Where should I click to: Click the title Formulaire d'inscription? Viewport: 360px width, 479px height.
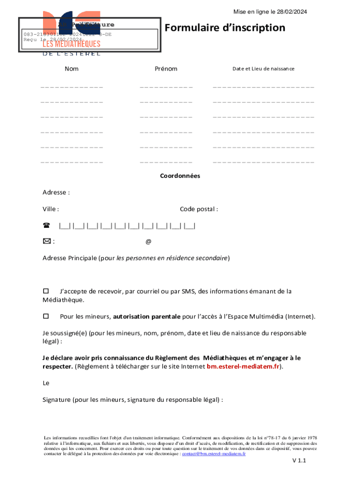pyautogui.click(x=224, y=28)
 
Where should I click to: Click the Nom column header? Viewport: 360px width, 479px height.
pyautogui.click(x=72, y=69)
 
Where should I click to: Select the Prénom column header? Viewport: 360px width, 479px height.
pyautogui.click(x=166, y=69)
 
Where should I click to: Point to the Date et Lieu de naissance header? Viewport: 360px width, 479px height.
pyautogui.click(x=263, y=69)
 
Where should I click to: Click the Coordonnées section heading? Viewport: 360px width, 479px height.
pyautogui.click(x=180, y=176)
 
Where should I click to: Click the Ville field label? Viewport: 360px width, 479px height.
pyautogui.click(x=50, y=209)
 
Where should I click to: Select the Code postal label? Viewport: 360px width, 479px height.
pyautogui.click(x=199, y=209)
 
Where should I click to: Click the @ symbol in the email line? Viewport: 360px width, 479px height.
pyautogui.click(x=148, y=242)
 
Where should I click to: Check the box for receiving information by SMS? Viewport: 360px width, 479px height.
pyautogui.click(x=46, y=291)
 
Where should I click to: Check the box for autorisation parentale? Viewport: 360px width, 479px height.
pyautogui.click(x=46, y=316)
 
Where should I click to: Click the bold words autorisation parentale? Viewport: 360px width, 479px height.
pyautogui.click(x=146, y=317)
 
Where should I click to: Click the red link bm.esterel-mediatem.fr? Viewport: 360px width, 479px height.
pyautogui.click(x=243, y=367)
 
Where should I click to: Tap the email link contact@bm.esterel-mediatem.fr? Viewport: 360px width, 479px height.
pyautogui.click(x=214, y=454)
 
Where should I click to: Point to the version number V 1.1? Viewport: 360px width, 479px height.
pyautogui.click(x=299, y=461)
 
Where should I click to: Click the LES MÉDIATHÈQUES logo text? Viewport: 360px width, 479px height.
pyautogui.click(x=72, y=44)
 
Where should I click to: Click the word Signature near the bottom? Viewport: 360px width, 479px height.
pyautogui.click(x=56, y=400)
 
